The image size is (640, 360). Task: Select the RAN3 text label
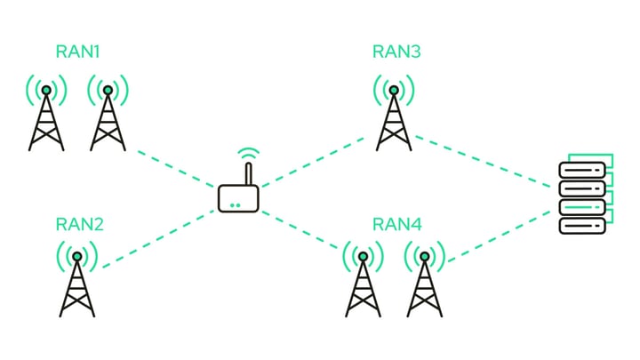pos(396,51)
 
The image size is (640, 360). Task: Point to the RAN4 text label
pos(396,223)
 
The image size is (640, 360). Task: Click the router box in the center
pos(238,198)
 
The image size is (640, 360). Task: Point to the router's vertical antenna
pos(249,172)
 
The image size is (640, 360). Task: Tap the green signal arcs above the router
pos(249,153)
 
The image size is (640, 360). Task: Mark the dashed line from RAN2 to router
pos(156,241)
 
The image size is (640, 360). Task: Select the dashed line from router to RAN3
pos(316,160)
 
